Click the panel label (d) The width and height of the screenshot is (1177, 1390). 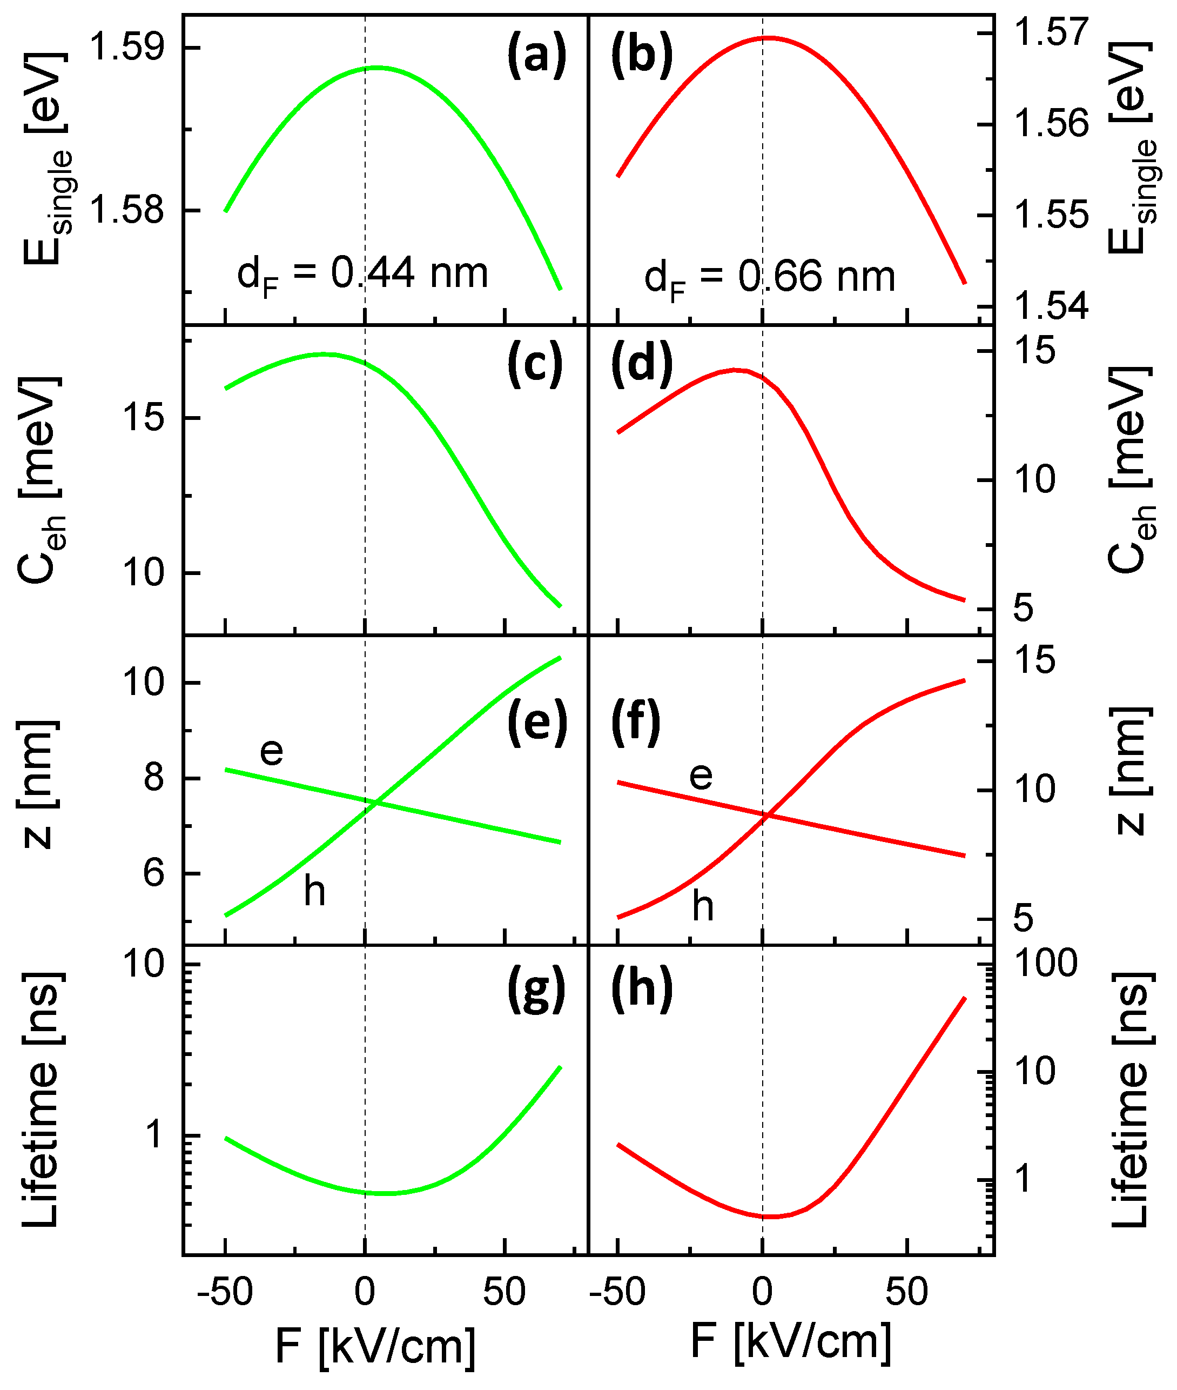[x=641, y=365]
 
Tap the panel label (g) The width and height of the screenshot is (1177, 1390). [x=536, y=990]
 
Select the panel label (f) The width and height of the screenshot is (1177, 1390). [x=635, y=723]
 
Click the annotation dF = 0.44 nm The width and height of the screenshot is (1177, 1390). [x=362, y=275]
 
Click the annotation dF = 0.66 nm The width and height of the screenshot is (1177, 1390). [x=769, y=278]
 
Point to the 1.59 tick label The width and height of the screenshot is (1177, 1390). [x=126, y=48]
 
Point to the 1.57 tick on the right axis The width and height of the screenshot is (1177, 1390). [x=1051, y=32]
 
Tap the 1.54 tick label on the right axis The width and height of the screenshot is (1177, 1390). [x=1051, y=306]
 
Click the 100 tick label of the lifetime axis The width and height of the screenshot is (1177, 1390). [x=1045, y=964]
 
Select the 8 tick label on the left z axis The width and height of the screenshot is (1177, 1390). [x=153, y=777]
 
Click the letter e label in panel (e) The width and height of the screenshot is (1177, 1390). [x=271, y=751]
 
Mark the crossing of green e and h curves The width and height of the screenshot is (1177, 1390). [x=378, y=803]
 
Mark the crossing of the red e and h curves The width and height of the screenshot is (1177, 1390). [x=768, y=814]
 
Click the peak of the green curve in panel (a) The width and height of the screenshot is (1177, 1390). [x=377, y=67]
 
